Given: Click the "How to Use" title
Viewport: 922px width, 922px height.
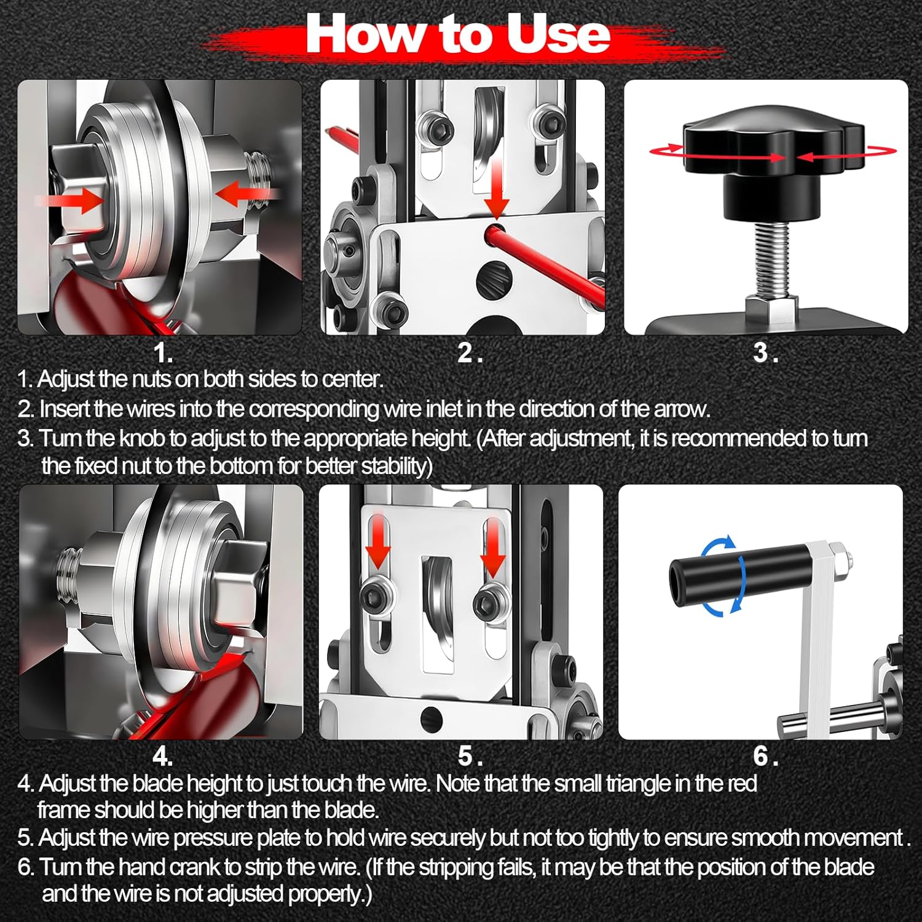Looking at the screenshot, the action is [458, 35].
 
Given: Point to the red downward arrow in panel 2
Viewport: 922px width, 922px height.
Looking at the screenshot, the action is [495, 188].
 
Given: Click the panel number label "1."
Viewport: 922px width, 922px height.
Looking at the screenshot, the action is [162, 353].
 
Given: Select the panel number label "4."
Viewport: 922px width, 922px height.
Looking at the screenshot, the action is [162, 756].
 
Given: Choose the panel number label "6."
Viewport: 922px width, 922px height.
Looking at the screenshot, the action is [766, 756].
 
